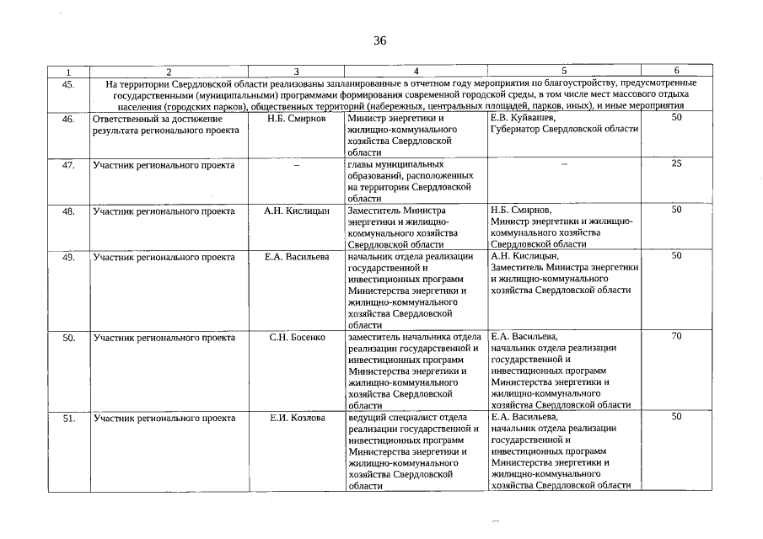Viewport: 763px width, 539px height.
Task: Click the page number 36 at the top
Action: (x=379, y=41)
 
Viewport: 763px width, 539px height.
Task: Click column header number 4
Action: (x=416, y=71)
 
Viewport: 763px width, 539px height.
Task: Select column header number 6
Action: (x=676, y=71)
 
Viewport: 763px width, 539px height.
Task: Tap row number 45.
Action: (x=69, y=83)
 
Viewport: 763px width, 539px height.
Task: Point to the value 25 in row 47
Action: (x=676, y=164)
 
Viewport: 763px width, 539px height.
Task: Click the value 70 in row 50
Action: (x=676, y=337)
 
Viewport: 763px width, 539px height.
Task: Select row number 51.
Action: (x=69, y=418)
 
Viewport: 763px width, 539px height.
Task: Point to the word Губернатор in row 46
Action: (x=514, y=130)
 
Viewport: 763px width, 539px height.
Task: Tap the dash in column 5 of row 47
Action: (x=563, y=165)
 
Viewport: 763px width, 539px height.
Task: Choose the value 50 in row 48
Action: (x=676, y=210)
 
